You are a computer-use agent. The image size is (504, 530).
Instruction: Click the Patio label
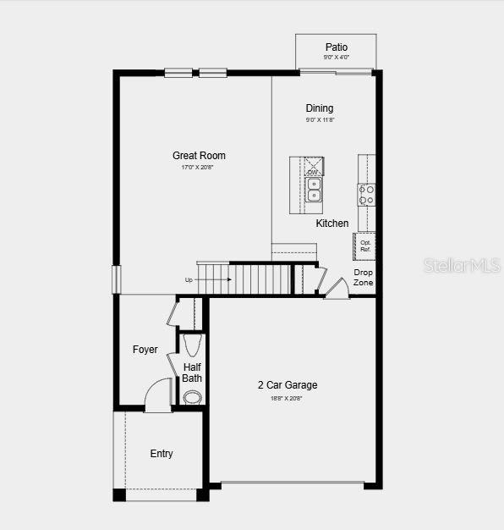[337, 47]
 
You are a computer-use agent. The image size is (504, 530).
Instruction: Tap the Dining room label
[320, 108]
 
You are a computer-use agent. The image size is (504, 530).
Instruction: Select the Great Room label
[199, 156]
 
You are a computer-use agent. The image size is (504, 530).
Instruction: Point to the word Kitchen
[332, 224]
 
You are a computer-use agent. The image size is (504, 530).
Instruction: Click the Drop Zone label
[363, 277]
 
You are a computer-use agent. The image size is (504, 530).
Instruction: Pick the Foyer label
[145, 350]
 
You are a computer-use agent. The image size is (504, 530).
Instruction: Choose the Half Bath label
[192, 373]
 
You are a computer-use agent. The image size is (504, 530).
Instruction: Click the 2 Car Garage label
[288, 385]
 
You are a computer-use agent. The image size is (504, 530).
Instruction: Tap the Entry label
[162, 454]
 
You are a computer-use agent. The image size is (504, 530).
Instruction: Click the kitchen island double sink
[314, 190]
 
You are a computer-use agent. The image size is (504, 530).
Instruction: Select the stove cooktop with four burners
[366, 195]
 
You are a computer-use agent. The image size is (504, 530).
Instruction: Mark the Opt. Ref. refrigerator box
[365, 246]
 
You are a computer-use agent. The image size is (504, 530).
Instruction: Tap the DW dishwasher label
[313, 173]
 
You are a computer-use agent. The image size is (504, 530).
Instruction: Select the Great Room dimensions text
[199, 168]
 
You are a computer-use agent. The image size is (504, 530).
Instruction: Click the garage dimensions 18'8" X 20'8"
[288, 398]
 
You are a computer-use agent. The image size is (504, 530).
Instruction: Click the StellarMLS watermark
[462, 265]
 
